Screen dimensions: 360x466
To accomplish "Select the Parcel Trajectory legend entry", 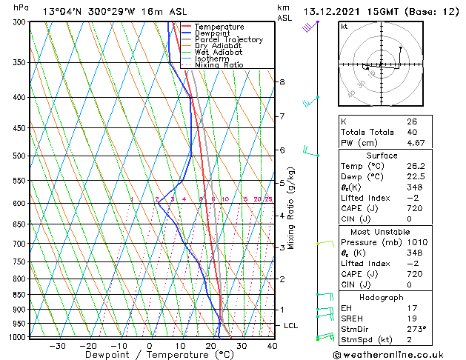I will (x=228, y=40).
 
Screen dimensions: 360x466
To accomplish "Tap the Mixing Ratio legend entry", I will (x=219, y=65).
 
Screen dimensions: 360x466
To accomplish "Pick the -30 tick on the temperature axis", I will (x=57, y=346).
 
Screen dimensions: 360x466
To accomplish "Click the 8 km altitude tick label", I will (x=282, y=81).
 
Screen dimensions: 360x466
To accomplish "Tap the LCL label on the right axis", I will (x=291, y=326).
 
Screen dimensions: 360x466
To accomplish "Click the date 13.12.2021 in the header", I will (x=335, y=11).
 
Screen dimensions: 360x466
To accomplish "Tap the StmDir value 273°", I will (x=416, y=329).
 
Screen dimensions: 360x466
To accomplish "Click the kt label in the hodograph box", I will (x=344, y=27).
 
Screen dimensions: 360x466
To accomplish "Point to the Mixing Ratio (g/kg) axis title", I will (x=292, y=208).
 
